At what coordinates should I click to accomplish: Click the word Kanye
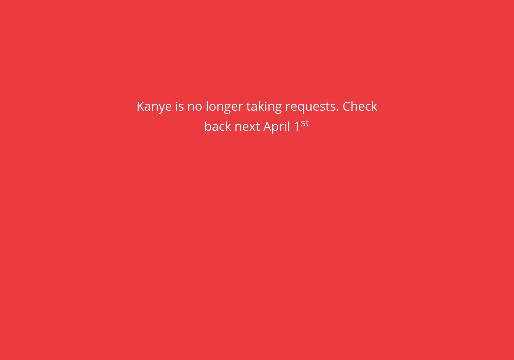tap(154, 107)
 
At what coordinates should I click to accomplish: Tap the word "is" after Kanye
tap(179, 107)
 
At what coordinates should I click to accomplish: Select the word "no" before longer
tap(194, 107)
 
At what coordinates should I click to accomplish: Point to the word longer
tap(224, 107)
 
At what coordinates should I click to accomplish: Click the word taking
tap(264, 107)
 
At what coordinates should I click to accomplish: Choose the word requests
tap(310, 107)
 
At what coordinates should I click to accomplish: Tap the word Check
tap(360, 107)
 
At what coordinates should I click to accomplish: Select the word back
tap(218, 127)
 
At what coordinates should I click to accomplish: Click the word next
tap(247, 127)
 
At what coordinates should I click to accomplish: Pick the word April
tap(277, 127)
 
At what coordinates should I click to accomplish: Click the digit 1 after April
tap(297, 127)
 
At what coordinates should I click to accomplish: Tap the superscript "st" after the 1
tap(305, 123)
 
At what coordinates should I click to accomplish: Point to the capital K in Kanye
tap(140, 107)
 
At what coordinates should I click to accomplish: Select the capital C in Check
tap(347, 107)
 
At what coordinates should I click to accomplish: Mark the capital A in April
tap(267, 127)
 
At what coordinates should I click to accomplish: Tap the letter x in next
tap(252, 127)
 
